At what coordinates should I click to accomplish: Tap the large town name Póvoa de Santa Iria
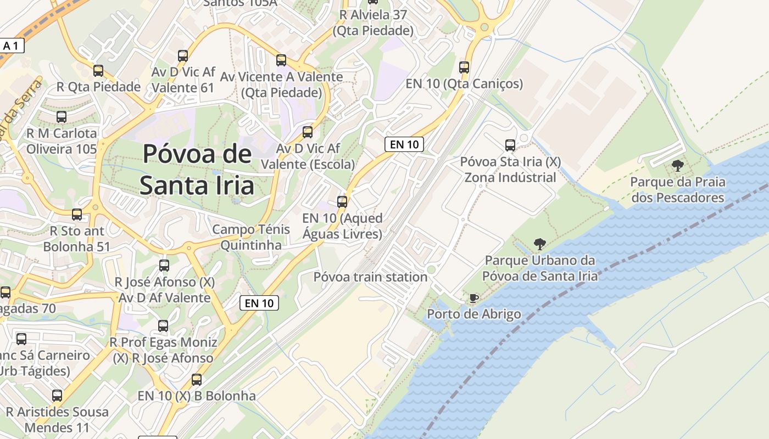tap(197, 170)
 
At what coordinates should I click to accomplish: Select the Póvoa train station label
tap(370, 277)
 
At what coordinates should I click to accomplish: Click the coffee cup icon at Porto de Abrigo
tap(473, 298)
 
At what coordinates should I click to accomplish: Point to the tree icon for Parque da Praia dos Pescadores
tap(677, 165)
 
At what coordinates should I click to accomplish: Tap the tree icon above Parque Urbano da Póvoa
tap(540, 244)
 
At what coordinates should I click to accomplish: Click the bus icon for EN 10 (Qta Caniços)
tap(464, 67)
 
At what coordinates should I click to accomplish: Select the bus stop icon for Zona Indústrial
tap(510, 145)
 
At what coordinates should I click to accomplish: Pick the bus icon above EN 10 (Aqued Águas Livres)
tap(342, 202)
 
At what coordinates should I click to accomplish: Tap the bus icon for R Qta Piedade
tap(98, 71)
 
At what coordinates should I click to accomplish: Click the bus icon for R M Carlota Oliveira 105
tap(62, 117)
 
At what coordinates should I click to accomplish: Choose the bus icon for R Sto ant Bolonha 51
tap(77, 215)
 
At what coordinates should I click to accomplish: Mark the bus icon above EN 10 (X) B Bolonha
tap(196, 379)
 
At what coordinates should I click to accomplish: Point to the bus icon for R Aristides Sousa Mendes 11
tap(57, 395)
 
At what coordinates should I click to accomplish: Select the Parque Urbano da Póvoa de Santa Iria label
tap(540, 268)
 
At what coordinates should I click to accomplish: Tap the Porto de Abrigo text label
tap(474, 314)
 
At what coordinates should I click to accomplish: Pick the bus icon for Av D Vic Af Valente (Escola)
tap(308, 132)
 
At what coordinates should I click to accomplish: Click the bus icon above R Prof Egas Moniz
tap(163, 326)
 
